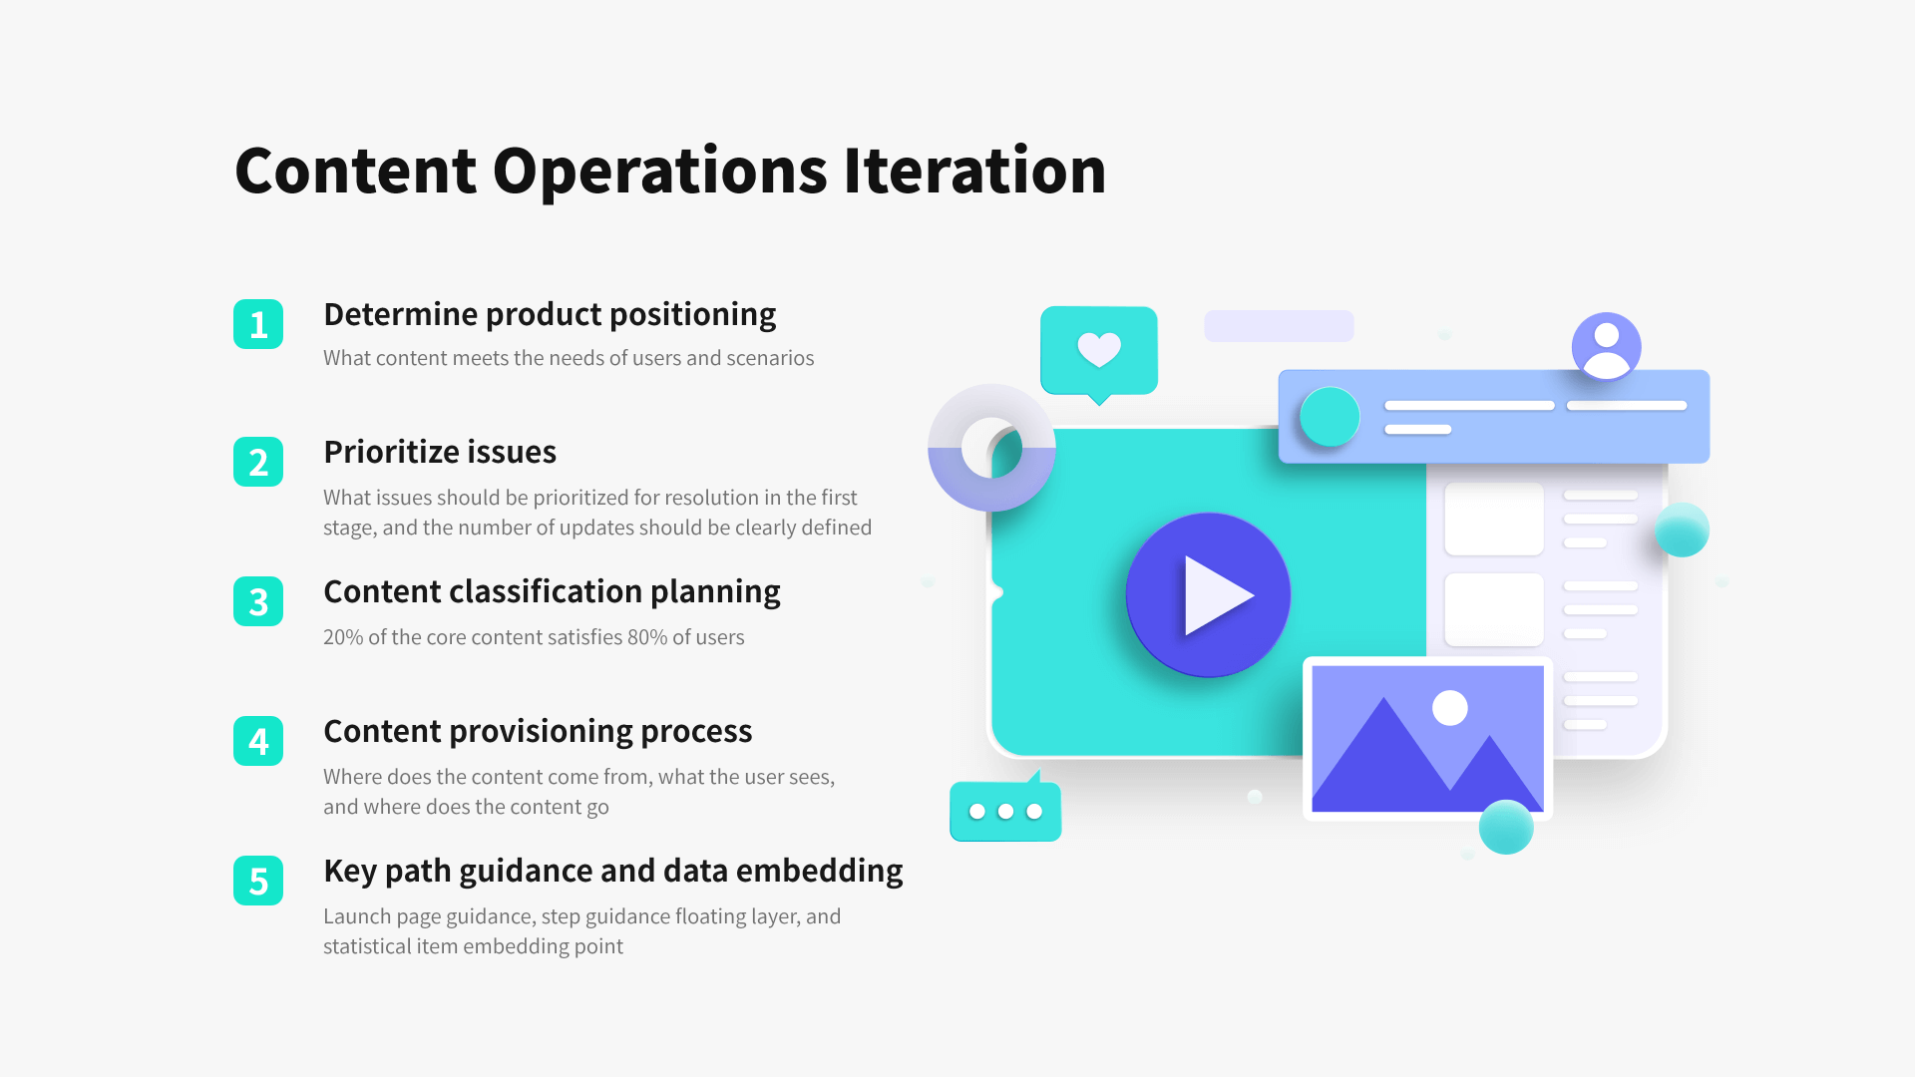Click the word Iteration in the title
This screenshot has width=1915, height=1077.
pos(974,171)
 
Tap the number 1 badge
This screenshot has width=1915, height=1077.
pos(258,324)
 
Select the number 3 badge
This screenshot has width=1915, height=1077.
pos(258,601)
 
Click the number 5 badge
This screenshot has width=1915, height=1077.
pos(258,881)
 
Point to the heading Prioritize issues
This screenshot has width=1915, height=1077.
pos(440,452)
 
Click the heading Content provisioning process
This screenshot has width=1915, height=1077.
pos(538,731)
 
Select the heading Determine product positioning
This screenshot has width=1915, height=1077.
pos(550,314)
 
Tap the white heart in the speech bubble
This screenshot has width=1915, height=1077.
pos(1099,349)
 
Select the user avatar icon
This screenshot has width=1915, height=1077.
pos(1607,347)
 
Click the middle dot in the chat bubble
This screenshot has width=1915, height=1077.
pos(1005,812)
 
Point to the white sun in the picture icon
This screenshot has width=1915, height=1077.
pos(1450,708)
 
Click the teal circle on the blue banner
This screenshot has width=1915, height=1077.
pos(1330,417)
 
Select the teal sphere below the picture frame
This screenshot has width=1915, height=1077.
pos(1506,827)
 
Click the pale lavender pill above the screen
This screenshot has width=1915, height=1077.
pos(1279,326)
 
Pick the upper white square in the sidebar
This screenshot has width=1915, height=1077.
pos(1494,519)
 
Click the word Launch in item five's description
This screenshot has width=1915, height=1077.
pos(356,916)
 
